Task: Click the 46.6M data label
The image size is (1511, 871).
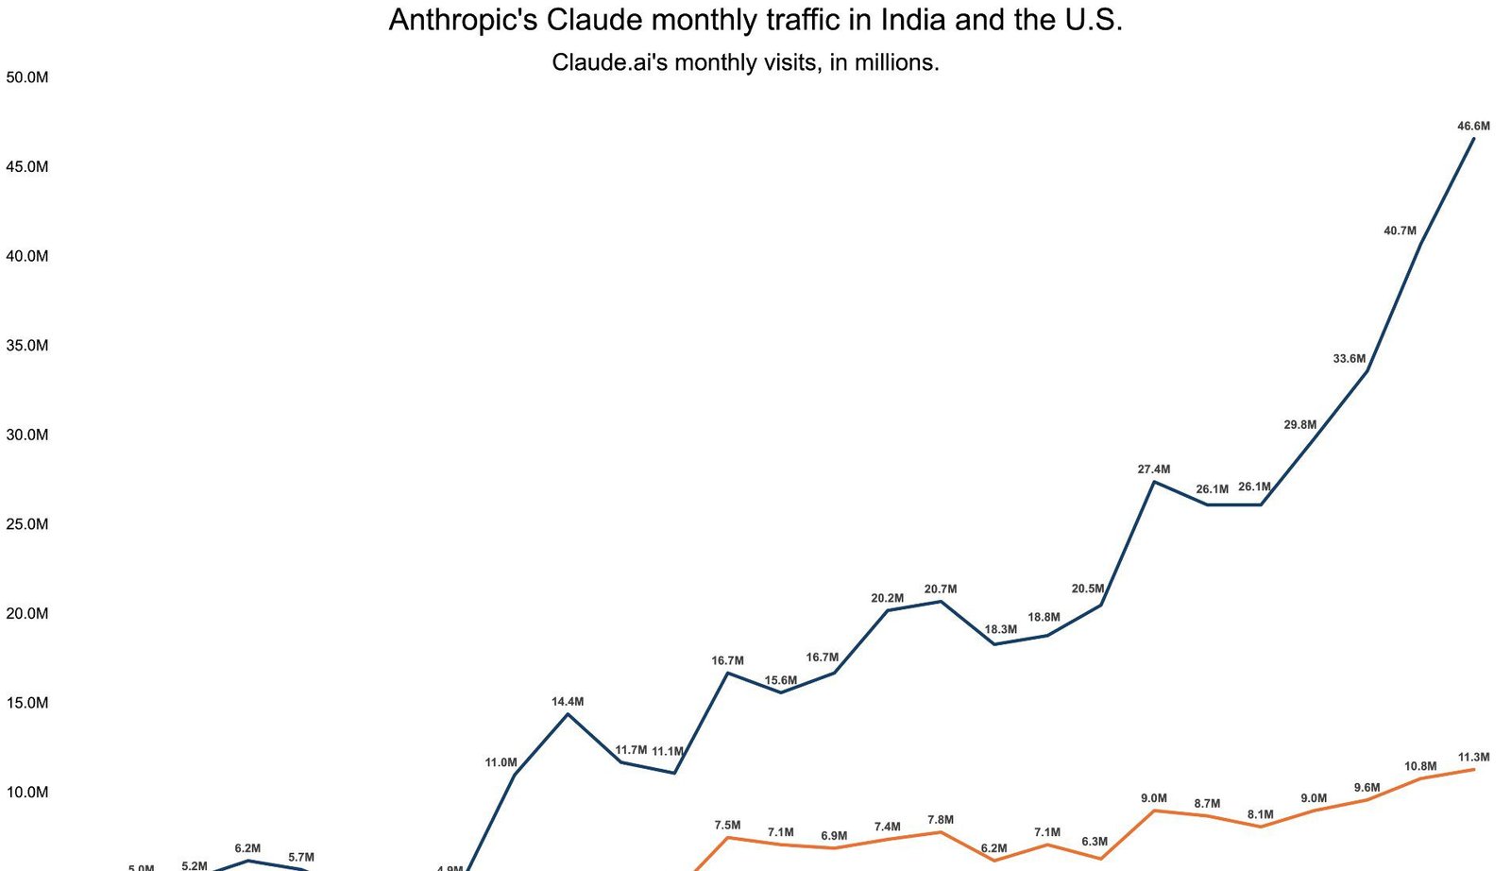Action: tap(1473, 127)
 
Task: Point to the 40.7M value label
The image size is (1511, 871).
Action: tap(1400, 231)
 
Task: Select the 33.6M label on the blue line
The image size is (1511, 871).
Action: tap(1349, 359)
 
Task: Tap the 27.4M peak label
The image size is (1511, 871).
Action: tap(1153, 470)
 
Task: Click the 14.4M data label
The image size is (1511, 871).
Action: tap(568, 702)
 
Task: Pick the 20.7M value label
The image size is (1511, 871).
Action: tap(941, 589)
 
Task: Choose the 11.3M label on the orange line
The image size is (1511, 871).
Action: tap(1473, 758)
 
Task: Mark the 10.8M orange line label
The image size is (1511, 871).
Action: tap(1420, 767)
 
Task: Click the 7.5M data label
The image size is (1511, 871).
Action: tap(727, 826)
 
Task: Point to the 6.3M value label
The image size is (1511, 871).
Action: tap(1095, 842)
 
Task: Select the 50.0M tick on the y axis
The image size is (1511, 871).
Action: tap(26, 77)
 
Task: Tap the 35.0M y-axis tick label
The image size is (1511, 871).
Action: tap(26, 346)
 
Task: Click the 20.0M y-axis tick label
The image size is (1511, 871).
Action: tap(26, 614)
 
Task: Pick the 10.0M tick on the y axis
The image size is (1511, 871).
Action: tap(26, 793)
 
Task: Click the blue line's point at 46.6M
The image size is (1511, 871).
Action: tap(1473, 139)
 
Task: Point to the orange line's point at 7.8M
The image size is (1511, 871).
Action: tap(941, 832)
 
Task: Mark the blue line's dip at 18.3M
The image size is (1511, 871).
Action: tap(994, 644)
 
